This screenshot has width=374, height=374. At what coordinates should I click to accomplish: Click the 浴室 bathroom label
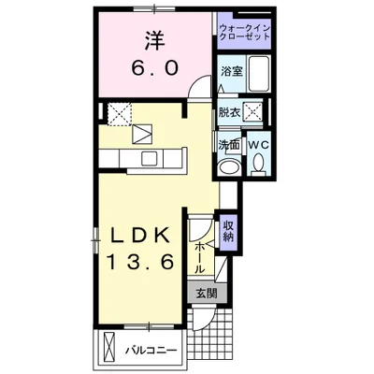tap(231, 71)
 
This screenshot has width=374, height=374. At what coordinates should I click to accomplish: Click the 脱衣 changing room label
tap(230, 113)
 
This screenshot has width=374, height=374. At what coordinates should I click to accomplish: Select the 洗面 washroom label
tap(229, 146)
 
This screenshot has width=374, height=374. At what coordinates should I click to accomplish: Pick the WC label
tap(259, 146)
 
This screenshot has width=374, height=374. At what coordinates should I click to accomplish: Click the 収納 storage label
tap(228, 230)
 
